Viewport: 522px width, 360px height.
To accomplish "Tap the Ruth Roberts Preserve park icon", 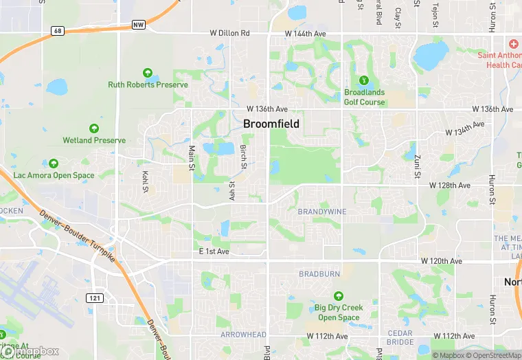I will click(147, 73).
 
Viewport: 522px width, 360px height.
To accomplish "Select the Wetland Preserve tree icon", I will click(94, 128).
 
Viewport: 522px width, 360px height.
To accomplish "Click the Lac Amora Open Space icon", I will click(54, 164).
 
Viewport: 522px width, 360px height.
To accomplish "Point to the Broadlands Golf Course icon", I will click(364, 81).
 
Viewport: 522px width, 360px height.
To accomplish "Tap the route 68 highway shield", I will click(58, 31).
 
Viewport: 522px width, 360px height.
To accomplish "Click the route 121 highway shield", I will click(94, 297).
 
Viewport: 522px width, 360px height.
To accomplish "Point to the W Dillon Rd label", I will click(230, 33).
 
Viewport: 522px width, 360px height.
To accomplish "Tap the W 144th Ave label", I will click(306, 33).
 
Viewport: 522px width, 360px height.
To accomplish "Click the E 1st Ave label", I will click(214, 252).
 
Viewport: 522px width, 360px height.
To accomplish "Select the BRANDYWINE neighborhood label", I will click(322, 212).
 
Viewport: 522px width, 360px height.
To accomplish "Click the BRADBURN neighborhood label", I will click(319, 274).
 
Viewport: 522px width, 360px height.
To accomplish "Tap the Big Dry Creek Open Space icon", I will click(339, 297).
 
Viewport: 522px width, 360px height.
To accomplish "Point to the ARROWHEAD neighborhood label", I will click(243, 335).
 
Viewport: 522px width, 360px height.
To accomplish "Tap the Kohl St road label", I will click(146, 181).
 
